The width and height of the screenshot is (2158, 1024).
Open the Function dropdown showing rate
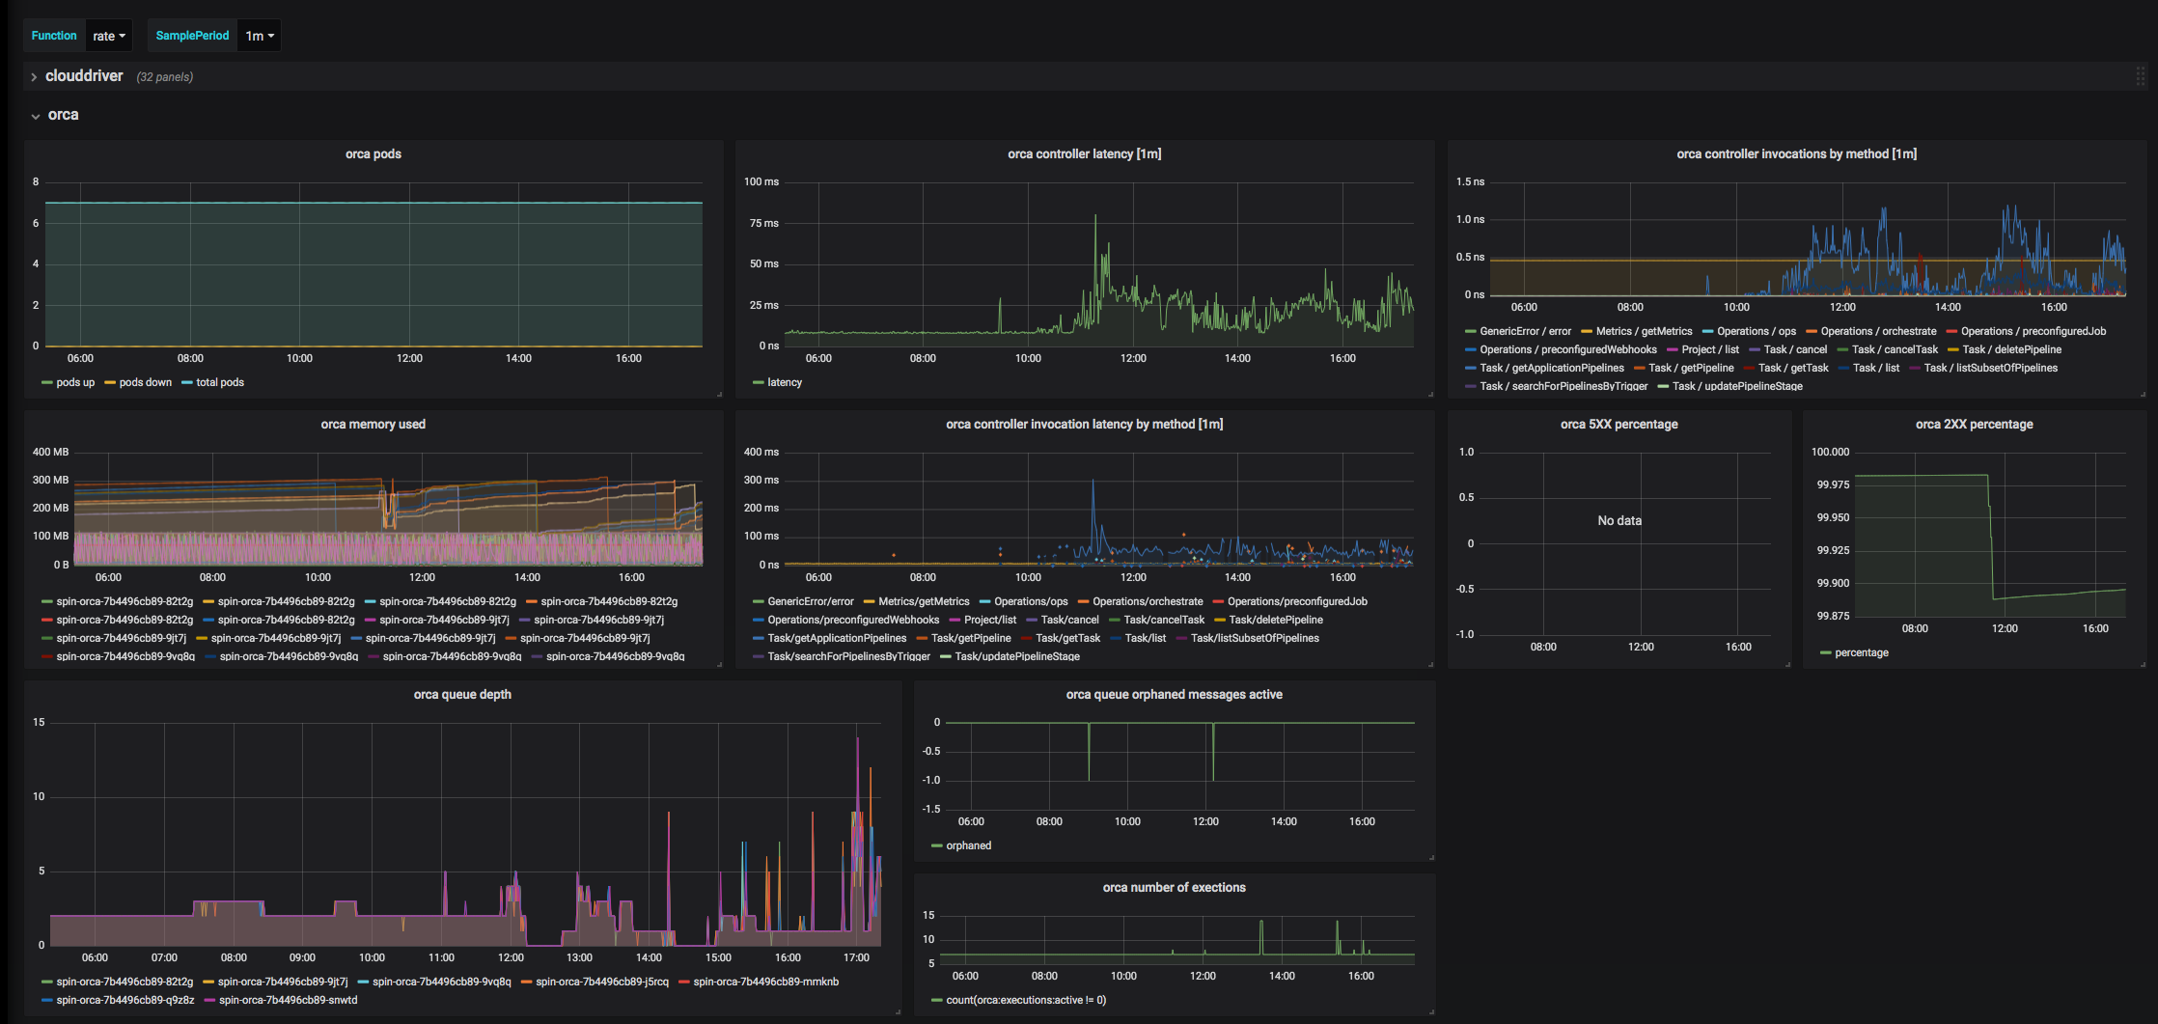(109, 36)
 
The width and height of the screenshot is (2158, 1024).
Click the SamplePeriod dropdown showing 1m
(260, 36)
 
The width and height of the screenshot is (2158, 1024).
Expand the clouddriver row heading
(84, 76)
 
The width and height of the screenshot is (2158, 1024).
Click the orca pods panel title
(373, 154)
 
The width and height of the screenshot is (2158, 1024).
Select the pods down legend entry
(145, 383)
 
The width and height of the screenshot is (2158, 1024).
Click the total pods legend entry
(220, 383)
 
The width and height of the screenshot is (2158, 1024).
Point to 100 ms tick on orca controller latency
(761, 181)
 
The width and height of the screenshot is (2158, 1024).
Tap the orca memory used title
(373, 425)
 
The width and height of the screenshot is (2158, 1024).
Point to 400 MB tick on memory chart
(51, 452)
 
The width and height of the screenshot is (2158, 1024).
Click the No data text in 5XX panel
(1619, 521)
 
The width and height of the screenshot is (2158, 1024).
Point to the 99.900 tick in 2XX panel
(1833, 583)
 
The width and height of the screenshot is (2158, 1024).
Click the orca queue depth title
(462, 695)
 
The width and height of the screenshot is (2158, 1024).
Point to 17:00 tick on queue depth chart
(857, 958)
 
